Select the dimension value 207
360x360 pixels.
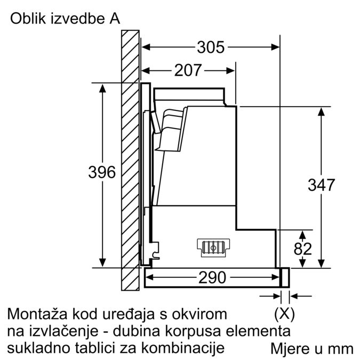tap(188, 70)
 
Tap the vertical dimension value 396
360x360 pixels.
tap(102, 172)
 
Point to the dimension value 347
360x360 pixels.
tap(321, 185)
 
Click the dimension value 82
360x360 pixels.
tap(302, 249)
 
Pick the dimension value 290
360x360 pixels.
tap(212, 277)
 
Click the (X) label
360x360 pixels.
tap(284, 313)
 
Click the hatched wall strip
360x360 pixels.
tap(130, 160)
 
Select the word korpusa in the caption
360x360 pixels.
tap(199, 331)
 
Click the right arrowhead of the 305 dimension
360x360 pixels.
tap(276, 47)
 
